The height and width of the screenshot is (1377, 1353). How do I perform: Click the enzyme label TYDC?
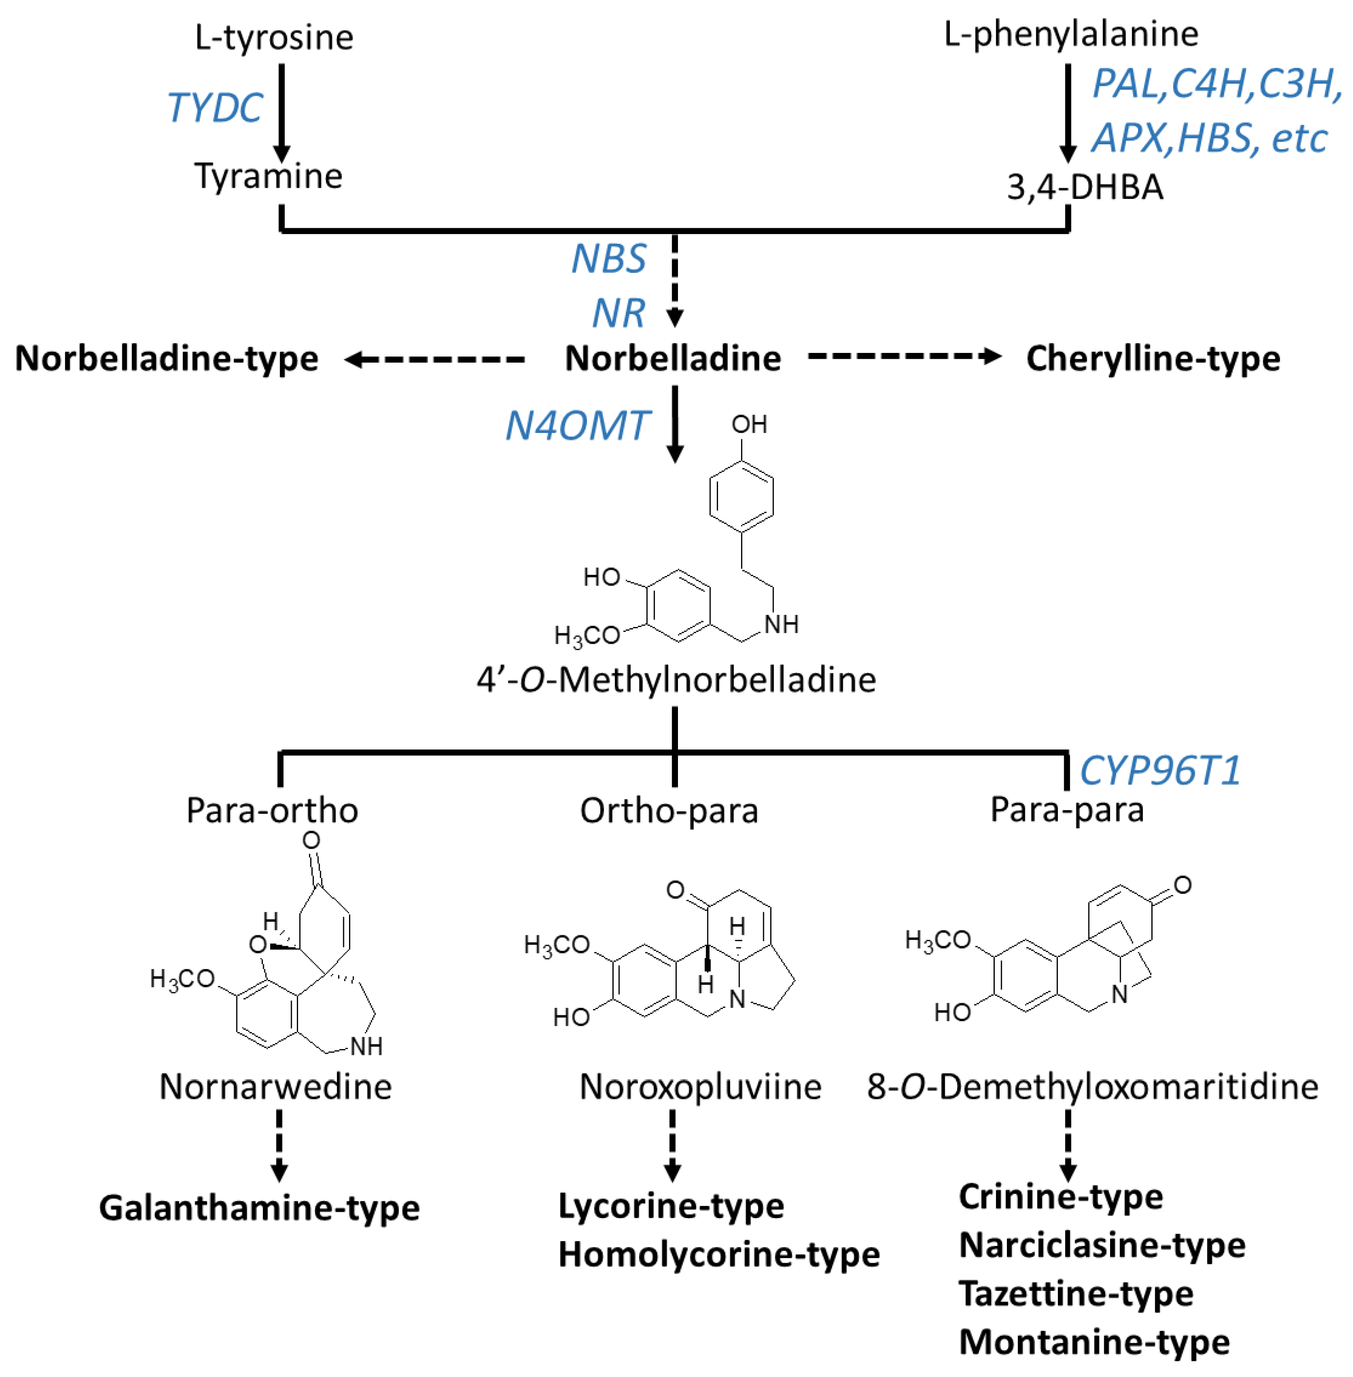[x=215, y=108]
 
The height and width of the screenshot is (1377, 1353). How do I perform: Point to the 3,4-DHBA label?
[x=1085, y=187]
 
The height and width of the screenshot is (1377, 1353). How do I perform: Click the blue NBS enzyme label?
[x=609, y=259]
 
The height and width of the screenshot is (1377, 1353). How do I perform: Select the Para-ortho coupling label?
[x=272, y=810]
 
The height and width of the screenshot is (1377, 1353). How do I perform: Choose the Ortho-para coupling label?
[x=669, y=810]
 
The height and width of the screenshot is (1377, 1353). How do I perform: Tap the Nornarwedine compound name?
[x=275, y=1087]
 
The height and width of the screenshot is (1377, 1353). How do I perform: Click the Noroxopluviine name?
[x=700, y=1087]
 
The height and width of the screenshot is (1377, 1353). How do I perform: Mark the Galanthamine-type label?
[x=259, y=1208]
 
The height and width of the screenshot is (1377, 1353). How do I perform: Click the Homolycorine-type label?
[x=718, y=1254]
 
